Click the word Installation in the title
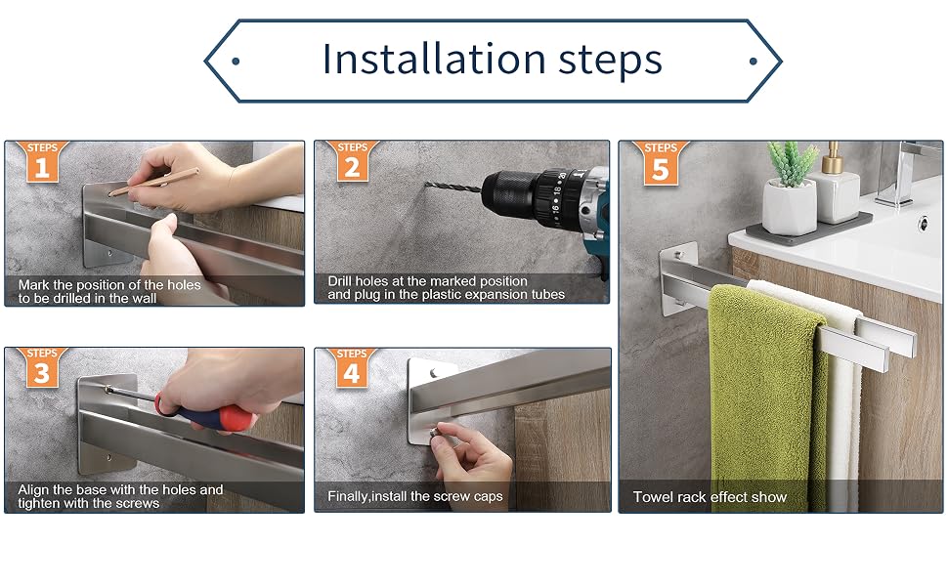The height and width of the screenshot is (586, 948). tap(434, 60)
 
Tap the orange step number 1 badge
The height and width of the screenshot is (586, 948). tap(42, 162)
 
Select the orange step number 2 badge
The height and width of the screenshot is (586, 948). tap(353, 162)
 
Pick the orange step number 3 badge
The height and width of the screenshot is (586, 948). tap(42, 368)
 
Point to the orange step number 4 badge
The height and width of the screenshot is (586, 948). tap(352, 368)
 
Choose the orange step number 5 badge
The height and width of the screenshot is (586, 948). tap(661, 163)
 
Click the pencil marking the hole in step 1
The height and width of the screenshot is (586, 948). tap(154, 182)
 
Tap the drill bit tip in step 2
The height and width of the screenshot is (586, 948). tap(427, 184)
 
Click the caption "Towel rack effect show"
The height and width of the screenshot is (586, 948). tap(710, 497)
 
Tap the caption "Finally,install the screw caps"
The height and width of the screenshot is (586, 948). tap(414, 496)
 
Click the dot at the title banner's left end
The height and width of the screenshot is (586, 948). tap(236, 61)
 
